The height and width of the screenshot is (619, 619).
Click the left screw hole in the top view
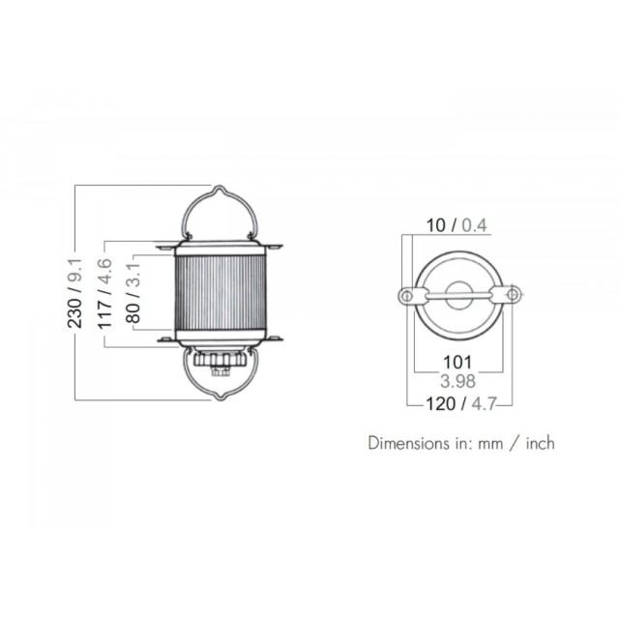point(407,296)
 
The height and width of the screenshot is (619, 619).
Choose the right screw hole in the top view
point(514,293)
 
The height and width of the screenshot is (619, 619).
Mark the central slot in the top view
point(460,295)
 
